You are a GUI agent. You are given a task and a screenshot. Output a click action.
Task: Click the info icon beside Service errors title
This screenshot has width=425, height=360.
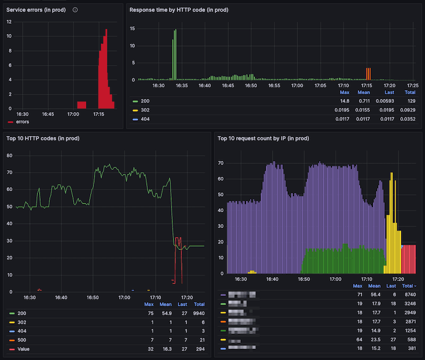[75, 10]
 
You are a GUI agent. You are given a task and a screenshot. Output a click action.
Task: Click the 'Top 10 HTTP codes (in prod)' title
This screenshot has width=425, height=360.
[42, 138]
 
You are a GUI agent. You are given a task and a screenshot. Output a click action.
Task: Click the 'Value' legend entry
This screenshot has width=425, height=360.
[24, 349]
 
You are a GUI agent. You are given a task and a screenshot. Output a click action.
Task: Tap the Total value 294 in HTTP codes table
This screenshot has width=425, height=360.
[199, 349]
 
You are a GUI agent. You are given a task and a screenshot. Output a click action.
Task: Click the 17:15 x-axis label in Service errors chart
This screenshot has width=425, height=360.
[99, 114]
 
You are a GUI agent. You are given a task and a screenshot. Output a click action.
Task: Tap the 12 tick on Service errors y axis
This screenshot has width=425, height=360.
[9, 22]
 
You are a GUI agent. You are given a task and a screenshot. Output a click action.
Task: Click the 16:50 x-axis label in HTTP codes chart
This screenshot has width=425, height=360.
[92, 297]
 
